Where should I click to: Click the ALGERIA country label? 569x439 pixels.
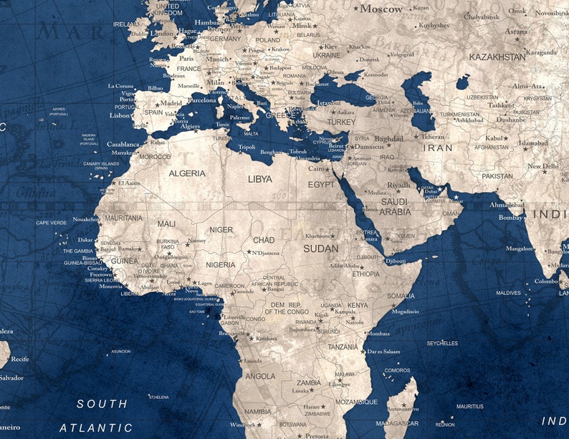click(187, 173)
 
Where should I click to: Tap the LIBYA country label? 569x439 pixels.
click(260, 179)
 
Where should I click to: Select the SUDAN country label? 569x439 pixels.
click(320, 249)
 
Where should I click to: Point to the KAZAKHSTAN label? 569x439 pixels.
click(497, 57)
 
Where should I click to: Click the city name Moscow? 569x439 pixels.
click(381, 9)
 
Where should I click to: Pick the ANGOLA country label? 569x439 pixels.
click(260, 376)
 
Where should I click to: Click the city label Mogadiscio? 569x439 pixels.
click(406, 312)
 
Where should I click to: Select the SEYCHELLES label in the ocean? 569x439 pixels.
click(442, 343)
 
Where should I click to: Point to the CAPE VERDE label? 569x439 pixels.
click(51, 223)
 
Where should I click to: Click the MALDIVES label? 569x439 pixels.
click(508, 293)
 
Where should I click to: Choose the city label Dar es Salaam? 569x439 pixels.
click(383, 352)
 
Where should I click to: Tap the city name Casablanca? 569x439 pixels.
click(123, 144)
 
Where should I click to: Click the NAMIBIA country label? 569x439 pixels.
click(257, 412)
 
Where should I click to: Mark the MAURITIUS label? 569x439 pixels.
click(469, 406)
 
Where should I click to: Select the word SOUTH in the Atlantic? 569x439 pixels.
click(102, 404)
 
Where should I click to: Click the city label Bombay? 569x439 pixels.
click(510, 217)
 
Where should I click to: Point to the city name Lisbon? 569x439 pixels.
click(120, 115)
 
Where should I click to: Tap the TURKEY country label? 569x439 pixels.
click(341, 122)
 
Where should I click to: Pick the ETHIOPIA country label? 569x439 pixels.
click(365, 274)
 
